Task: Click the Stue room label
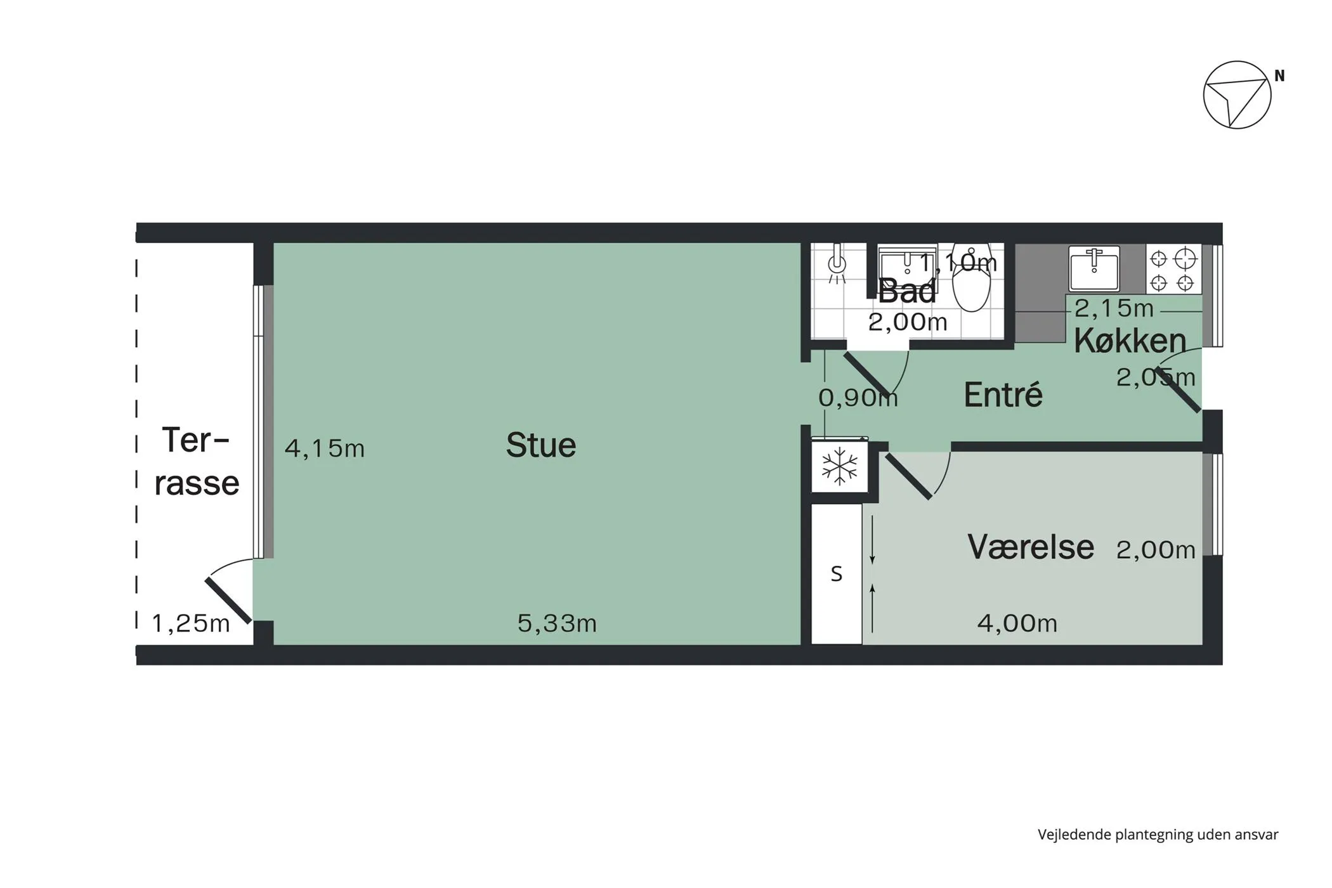[541, 445]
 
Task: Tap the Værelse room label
[1031, 547]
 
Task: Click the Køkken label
[1130, 341]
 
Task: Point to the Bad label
[906, 291]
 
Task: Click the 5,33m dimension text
[557, 624]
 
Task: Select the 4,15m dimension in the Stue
[325, 448]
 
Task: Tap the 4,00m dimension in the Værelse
[1017, 624]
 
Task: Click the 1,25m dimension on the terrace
[190, 624]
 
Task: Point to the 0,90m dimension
[858, 398]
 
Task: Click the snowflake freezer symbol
[839, 466]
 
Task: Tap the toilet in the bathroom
[971, 278]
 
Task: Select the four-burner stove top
[1173, 270]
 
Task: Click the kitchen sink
[1094, 268]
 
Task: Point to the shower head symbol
[837, 263]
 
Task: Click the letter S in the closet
[837, 574]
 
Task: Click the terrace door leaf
[228, 599]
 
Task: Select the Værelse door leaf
[909, 476]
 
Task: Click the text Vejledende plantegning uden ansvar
[1158, 835]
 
